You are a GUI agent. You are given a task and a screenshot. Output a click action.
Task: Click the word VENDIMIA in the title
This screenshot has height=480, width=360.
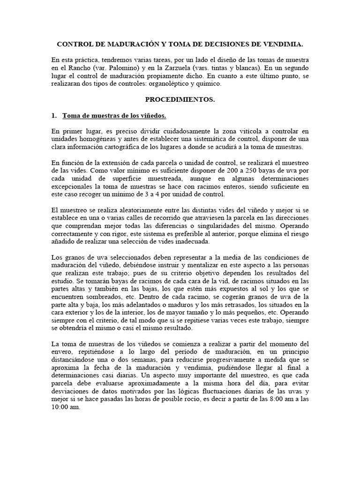tap(283, 44)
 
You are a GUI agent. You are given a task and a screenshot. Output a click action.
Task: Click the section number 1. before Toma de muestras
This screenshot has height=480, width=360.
tap(54, 115)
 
